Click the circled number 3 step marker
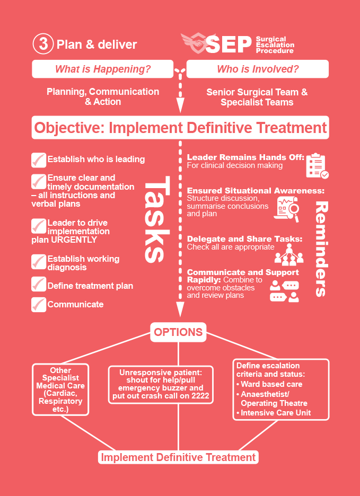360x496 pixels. coord(43,44)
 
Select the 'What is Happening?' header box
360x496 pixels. coord(103,69)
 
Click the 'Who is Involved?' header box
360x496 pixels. coord(258,69)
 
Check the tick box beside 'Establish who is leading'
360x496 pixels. coord(39,160)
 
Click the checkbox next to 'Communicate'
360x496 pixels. coord(39,305)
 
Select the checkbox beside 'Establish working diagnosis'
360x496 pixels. coord(39,261)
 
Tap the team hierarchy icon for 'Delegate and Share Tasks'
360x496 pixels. coord(289,253)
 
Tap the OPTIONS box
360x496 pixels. coord(178,332)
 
